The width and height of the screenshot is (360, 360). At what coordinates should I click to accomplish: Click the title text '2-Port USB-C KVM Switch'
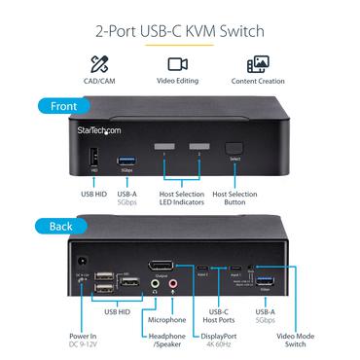tap(180, 32)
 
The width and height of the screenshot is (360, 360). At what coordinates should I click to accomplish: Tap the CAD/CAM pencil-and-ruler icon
tap(97, 65)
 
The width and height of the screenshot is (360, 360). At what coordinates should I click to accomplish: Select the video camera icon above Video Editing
tap(177, 65)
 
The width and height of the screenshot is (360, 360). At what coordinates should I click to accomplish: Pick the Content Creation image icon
tap(257, 65)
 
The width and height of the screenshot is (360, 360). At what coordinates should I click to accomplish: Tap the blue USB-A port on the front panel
tap(125, 159)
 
